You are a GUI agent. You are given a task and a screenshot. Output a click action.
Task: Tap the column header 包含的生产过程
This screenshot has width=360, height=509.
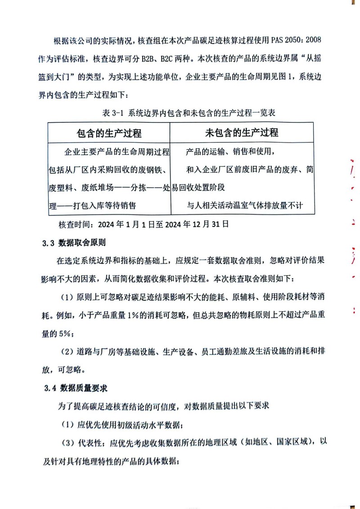pyautogui.click(x=109, y=133)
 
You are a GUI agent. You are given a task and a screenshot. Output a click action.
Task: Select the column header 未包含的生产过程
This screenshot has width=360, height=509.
pyautogui.click(x=242, y=133)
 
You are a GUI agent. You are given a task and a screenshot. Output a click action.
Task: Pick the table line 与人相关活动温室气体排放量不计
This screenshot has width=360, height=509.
pyautogui.click(x=245, y=206)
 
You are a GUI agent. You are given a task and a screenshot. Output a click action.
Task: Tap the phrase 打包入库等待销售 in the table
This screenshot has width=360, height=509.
pyautogui.click(x=99, y=206)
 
